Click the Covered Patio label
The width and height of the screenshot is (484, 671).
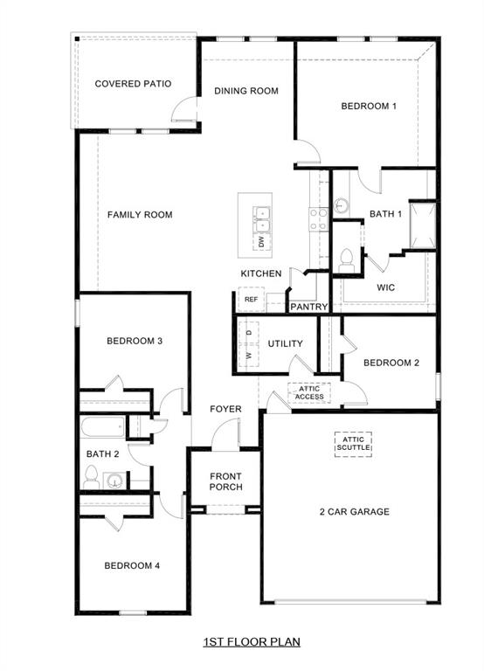coord(132,84)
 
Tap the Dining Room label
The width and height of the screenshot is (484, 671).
coord(246,91)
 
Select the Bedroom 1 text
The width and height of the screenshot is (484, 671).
coord(369,106)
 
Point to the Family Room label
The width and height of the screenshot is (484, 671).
coord(140,215)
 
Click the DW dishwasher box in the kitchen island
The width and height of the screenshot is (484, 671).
coord(260,241)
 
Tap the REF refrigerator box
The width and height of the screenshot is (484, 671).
coord(251,300)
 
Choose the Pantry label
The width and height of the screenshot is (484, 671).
coord(308,307)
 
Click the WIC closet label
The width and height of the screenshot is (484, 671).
coord(388,287)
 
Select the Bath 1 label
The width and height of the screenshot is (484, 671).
coord(385,213)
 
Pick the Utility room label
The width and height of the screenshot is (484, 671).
coord(285,343)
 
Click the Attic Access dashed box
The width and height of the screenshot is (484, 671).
coord(309,392)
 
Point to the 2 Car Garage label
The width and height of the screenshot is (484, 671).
coord(354,512)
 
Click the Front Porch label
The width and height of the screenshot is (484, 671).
coord(225,481)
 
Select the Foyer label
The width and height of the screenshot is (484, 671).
coord(225,409)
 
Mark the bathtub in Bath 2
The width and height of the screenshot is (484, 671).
coord(103,428)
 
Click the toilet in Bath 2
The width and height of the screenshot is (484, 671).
coord(91,477)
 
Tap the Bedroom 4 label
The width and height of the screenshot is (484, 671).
coord(132,565)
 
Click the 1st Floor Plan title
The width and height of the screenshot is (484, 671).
coord(252,642)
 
